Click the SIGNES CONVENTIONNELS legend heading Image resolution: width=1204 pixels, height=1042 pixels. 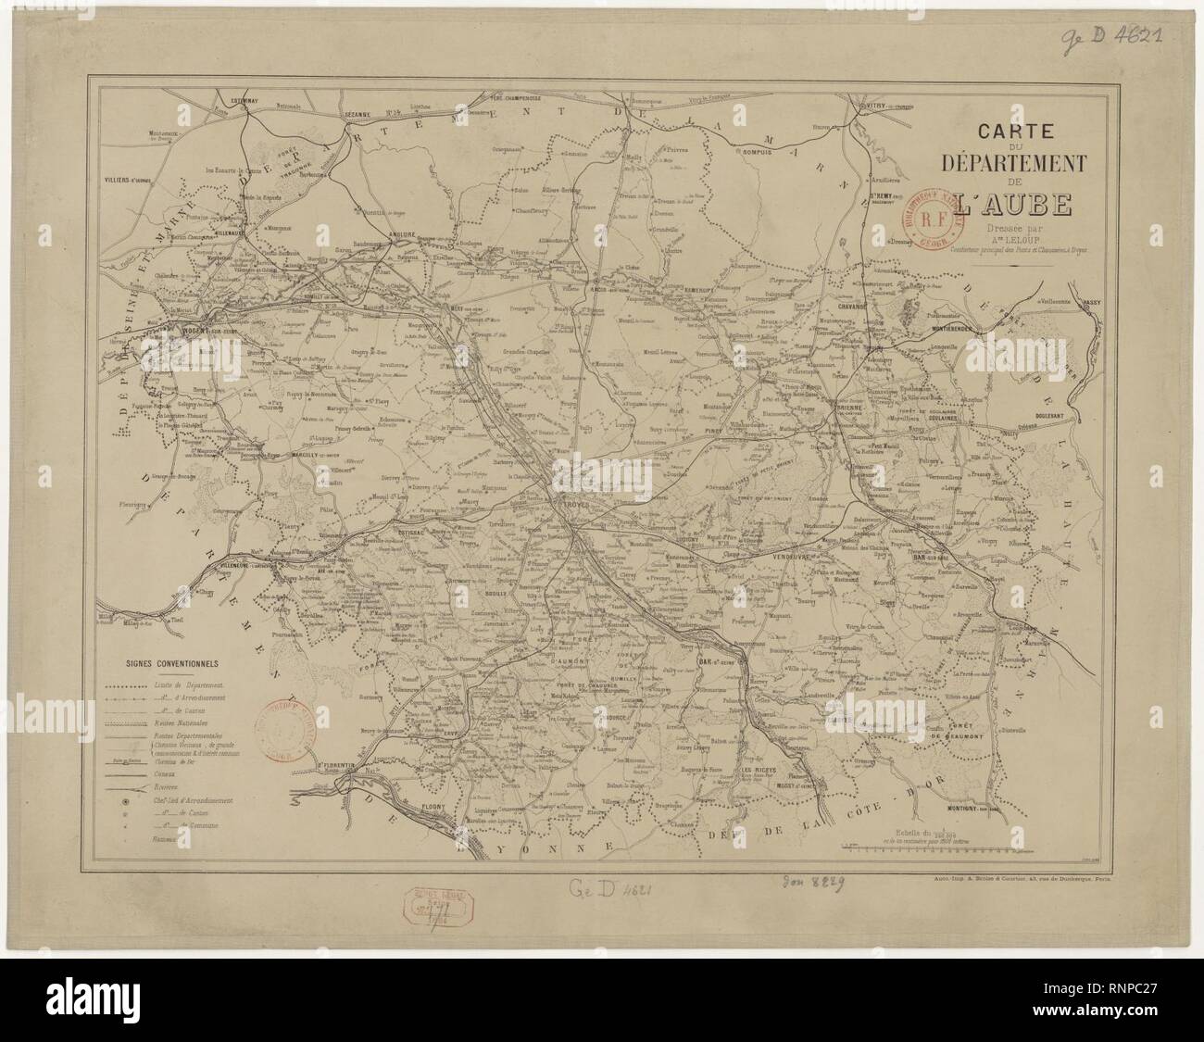point(170,664)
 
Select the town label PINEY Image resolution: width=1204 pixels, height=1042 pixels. point(741,431)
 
